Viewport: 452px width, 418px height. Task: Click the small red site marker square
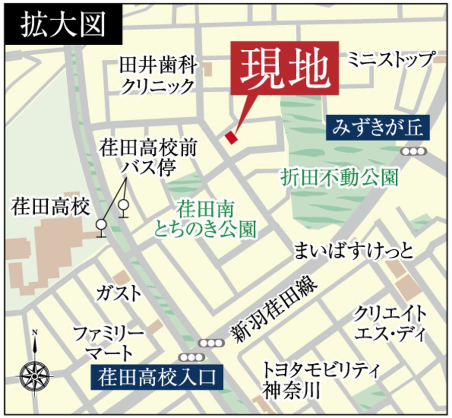[x=231, y=137]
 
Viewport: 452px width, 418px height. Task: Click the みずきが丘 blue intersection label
[x=378, y=128]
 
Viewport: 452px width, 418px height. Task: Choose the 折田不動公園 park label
[x=340, y=177]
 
